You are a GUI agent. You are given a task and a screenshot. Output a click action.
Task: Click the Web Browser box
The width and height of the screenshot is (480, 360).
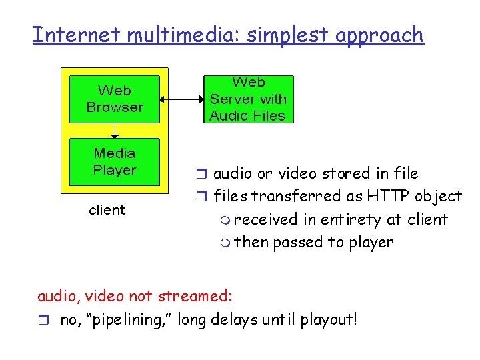[x=115, y=99]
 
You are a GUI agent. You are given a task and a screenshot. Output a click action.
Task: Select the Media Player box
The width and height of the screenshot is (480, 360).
[x=115, y=161]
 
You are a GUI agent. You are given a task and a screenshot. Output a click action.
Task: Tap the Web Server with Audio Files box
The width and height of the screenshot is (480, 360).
[x=248, y=99]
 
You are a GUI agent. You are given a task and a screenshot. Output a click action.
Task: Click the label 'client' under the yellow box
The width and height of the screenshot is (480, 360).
[x=107, y=210]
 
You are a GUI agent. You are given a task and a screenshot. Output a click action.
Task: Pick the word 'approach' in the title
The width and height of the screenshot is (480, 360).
[x=379, y=35]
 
